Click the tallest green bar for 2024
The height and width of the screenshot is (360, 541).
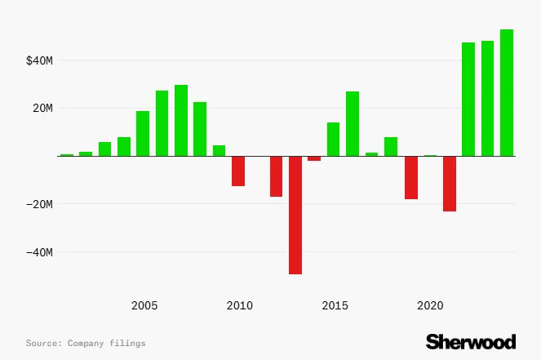(507, 92)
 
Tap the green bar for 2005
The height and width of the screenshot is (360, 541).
(143, 133)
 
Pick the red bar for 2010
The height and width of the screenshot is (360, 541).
(238, 171)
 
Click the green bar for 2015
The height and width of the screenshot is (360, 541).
(334, 139)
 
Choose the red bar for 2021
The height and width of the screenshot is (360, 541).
(450, 184)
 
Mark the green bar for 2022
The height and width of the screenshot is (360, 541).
(468, 99)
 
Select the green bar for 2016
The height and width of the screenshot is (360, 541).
(353, 123)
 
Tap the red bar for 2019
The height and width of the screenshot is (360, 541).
(411, 177)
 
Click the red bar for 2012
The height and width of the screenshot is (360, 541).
(277, 176)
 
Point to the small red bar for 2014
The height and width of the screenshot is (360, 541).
(314, 158)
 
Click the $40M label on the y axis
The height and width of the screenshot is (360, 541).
(38, 60)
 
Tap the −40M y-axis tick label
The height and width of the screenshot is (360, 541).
(38, 252)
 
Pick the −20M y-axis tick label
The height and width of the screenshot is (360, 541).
(38, 204)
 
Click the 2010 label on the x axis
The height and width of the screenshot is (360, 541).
(239, 306)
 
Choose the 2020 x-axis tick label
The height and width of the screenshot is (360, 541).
(430, 306)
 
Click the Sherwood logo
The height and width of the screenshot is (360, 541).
(471, 341)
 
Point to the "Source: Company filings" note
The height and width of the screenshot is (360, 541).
(86, 344)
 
